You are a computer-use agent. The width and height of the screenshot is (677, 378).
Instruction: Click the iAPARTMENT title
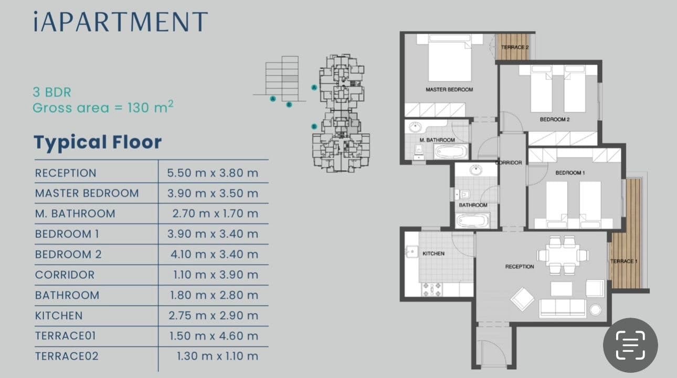click(x=121, y=22)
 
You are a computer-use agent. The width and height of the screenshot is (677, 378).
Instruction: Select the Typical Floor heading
click(x=98, y=142)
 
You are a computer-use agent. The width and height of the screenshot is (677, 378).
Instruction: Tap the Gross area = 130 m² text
click(x=103, y=107)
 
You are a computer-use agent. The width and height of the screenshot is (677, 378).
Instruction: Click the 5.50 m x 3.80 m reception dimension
click(x=213, y=173)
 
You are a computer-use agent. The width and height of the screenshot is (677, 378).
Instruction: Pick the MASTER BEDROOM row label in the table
click(x=87, y=193)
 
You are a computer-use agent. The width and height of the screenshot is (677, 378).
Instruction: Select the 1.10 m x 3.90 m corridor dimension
click(x=216, y=275)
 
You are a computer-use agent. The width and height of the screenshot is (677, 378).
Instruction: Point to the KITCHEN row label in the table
click(x=59, y=316)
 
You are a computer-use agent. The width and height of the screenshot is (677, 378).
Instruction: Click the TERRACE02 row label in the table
click(x=67, y=356)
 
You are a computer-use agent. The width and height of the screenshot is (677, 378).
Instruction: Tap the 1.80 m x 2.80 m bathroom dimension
click(x=214, y=295)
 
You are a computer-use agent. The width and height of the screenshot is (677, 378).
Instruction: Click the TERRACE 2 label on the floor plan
click(x=515, y=47)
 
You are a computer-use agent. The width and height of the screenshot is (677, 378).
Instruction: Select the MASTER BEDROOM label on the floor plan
click(x=449, y=89)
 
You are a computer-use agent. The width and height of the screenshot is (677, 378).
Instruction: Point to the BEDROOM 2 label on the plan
click(x=555, y=120)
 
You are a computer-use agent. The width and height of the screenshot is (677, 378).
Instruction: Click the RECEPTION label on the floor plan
click(x=520, y=266)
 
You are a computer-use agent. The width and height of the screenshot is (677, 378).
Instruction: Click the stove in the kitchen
click(x=432, y=289)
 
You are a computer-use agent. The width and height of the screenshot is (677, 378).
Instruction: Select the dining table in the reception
click(x=563, y=255)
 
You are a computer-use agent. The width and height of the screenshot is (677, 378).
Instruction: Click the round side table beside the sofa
click(x=595, y=310)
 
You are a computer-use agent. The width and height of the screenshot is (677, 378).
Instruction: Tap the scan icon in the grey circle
click(x=630, y=345)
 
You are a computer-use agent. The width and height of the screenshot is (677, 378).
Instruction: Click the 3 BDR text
click(x=52, y=92)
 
